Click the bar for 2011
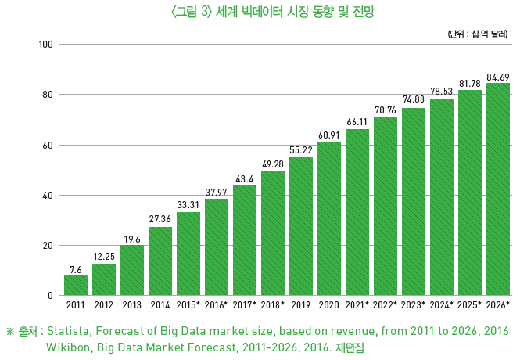(76, 286)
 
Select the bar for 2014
(160, 261)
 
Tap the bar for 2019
(301, 226)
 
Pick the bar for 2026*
(498, 189)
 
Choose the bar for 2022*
(386, 207)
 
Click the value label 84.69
(498, 77)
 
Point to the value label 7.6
(76, 269)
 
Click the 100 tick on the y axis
(45, 44)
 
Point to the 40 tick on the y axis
(46, 196)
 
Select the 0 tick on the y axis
(48, 296)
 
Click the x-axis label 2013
(132, 304)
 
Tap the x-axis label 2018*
(273, 304)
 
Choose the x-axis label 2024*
(442, 304)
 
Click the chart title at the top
(260, 12)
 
